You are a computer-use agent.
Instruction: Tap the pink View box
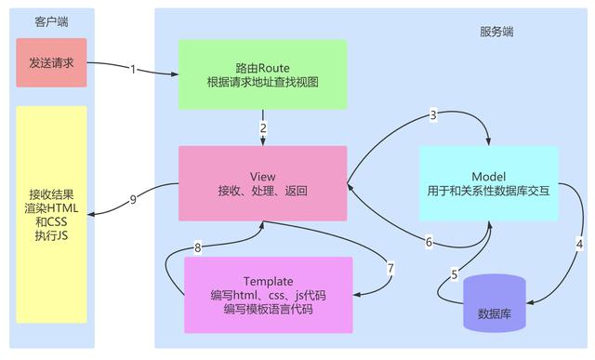click(263, 182)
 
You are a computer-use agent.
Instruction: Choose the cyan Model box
click(488, 183)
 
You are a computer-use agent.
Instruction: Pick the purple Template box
click(268, 295)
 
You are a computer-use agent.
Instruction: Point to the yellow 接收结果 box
click(51, 214)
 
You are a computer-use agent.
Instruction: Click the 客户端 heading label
click(50, 20)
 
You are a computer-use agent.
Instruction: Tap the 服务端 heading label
click(496, 32)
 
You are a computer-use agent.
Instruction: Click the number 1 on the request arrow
click(133, 69)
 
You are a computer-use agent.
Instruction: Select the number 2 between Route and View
click(263, 127)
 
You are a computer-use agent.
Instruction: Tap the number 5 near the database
click(455, 274)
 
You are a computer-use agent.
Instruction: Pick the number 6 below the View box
click(429, 242)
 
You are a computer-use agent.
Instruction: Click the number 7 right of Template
click(390, 269)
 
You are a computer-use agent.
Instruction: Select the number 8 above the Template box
click(197, 247)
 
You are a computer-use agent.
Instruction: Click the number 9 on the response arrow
click(133, 198)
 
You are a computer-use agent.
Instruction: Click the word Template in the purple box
click(268, 281)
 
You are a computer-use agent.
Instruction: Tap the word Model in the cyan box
click(488, 176)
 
